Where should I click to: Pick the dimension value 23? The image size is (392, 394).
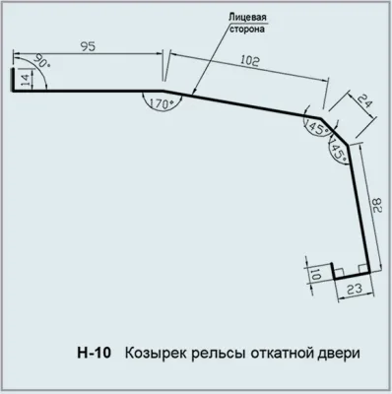(x=355, y=290)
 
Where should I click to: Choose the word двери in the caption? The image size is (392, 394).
(x=340, y=351)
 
